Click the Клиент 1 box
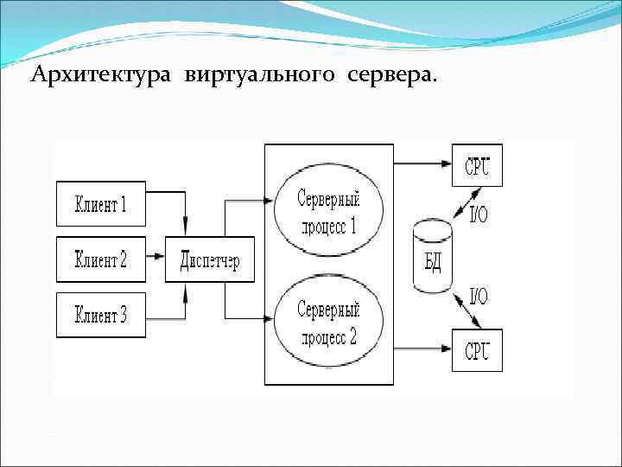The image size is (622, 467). click(x=101, y=205)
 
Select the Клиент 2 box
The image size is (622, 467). click(x=101, y=259)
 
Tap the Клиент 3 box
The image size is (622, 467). click(x=101, y=315)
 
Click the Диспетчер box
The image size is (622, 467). click(x=209, y=259)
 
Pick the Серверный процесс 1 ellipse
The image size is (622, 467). click(x=328, y=212)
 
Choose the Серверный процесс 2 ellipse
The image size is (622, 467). click(x=328, y=322)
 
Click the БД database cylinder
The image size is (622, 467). click(x=433, y=256)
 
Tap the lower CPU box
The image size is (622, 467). click(x=477, y=350)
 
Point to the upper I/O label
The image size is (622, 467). click(x=478, y=214)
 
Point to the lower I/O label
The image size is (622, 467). click(x=478, y=297)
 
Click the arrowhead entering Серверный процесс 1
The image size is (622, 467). click(x=267, y=202)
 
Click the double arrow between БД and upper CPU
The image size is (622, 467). click(x=459, y=204)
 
